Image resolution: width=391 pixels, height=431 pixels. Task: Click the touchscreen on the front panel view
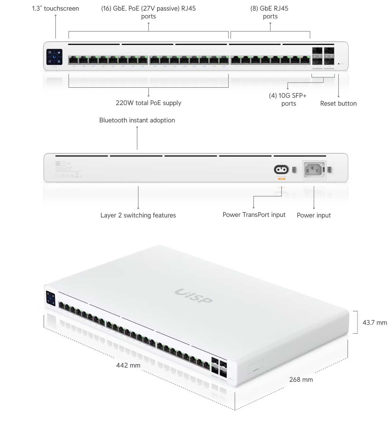pyautogui.click(x=54, y=57)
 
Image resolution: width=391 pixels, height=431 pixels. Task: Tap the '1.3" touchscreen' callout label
pyautogui.click(x=56, y=8)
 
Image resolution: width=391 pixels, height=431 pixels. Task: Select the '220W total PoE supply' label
pyautogui.click(x=148, y=103)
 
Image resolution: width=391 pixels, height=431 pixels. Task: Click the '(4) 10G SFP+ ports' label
pyautogui.click(x=288, y=100)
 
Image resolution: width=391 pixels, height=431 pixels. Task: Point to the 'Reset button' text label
pyautogui.click(x=338, y=103)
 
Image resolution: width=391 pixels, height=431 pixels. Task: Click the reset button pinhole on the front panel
pyautogui.click(x=339, y=64)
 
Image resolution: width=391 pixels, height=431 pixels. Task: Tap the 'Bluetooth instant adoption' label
pyautogui.click(x=137, y=120)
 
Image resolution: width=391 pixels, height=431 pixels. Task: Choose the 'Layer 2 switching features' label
pyautogui.click(x=138, y=215)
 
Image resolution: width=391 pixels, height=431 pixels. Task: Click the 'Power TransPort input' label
pyautogui.click(x=254, y=215)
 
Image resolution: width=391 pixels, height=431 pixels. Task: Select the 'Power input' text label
pyautogui.click(x=314, y=215)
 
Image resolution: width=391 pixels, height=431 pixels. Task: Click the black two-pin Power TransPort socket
pyautogui.click(x=281, y=169)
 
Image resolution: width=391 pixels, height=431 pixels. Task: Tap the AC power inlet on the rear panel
pyautogui.click(x=314, y=169)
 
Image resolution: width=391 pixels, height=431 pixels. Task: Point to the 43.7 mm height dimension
pyautogui.click(x=375, y=323)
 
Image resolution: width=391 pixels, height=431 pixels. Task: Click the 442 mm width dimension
pyautogui.click(x=128, y=365)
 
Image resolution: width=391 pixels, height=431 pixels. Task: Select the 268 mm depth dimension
pyautogui.click(x=301, y=380)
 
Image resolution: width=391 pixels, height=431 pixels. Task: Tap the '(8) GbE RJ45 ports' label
pyautogui.click(x=270, y=12)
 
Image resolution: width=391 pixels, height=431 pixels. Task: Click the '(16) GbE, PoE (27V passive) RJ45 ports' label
pyautogui.click(x=148, y=12)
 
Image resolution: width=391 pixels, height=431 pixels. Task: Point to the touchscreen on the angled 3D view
pyautogui.click(x=51, y=299)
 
